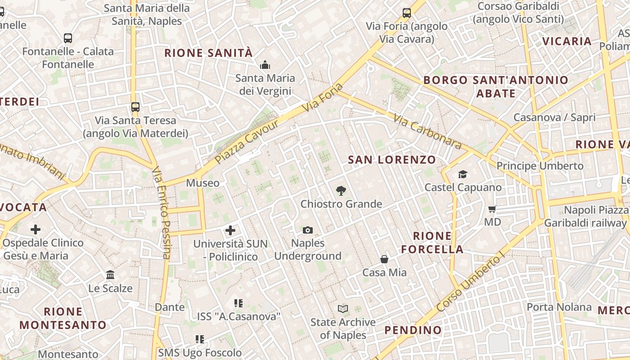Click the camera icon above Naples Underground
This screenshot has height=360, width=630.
(308, 230)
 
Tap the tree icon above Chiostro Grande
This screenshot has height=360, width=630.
(341, 191)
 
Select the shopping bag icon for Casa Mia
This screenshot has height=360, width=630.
(384, 259)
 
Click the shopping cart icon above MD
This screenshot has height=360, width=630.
(492, 209)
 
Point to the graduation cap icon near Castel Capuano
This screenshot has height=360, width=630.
(463, 174)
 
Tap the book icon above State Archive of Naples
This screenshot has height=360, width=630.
(343, 309)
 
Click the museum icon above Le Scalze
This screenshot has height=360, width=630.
(110, 274)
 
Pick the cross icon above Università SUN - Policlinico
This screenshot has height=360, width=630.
(230, 230)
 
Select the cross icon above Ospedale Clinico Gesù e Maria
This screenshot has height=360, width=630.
(36, 229)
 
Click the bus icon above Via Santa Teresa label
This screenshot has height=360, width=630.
(135, 107)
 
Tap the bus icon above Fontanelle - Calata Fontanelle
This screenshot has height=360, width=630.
(68, 38)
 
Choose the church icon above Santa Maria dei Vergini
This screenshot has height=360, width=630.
(265, 65)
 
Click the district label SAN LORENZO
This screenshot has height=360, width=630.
(392, 160)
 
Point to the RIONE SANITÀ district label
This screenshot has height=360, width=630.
(208, 53)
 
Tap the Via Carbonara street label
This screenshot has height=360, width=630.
(427, 131)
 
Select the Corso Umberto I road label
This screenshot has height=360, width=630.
(471, 283)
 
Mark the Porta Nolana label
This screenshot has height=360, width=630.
(559, 307)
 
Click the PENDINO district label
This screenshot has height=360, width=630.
(413, 330)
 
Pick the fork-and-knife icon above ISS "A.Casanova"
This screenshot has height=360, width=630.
(238, 303)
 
